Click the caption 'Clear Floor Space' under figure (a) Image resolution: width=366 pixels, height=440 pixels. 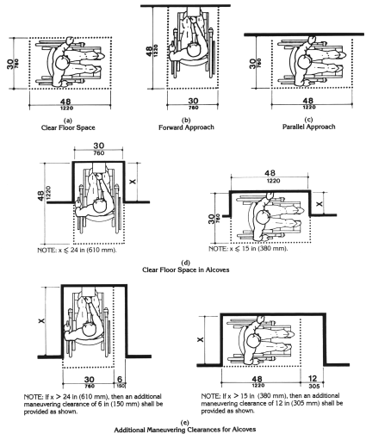68,127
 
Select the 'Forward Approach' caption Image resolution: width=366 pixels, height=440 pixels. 186,127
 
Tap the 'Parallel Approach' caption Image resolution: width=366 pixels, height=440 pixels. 309,127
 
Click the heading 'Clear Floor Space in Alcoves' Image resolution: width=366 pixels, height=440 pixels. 186,270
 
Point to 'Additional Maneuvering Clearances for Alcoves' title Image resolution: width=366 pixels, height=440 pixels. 185,430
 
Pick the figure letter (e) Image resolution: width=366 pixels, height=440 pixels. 185,423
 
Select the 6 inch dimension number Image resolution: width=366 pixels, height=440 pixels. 120,380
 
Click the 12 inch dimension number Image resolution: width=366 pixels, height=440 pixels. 313,379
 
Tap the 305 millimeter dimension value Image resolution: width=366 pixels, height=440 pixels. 313,386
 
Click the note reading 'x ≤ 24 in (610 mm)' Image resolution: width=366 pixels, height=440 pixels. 77,250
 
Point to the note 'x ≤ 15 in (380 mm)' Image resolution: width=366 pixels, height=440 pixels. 248,249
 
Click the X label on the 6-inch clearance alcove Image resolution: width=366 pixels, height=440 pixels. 42,320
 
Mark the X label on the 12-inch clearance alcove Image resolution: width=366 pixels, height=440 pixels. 201,339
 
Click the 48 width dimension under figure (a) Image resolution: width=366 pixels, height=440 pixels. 66,102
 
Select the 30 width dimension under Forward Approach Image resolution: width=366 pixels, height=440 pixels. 193,101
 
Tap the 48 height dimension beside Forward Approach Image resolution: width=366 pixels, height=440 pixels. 149,51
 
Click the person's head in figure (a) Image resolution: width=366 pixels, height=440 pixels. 62,63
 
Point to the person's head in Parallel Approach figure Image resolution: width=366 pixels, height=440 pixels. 305,62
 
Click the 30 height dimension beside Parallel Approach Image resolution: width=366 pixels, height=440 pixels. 252,64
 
